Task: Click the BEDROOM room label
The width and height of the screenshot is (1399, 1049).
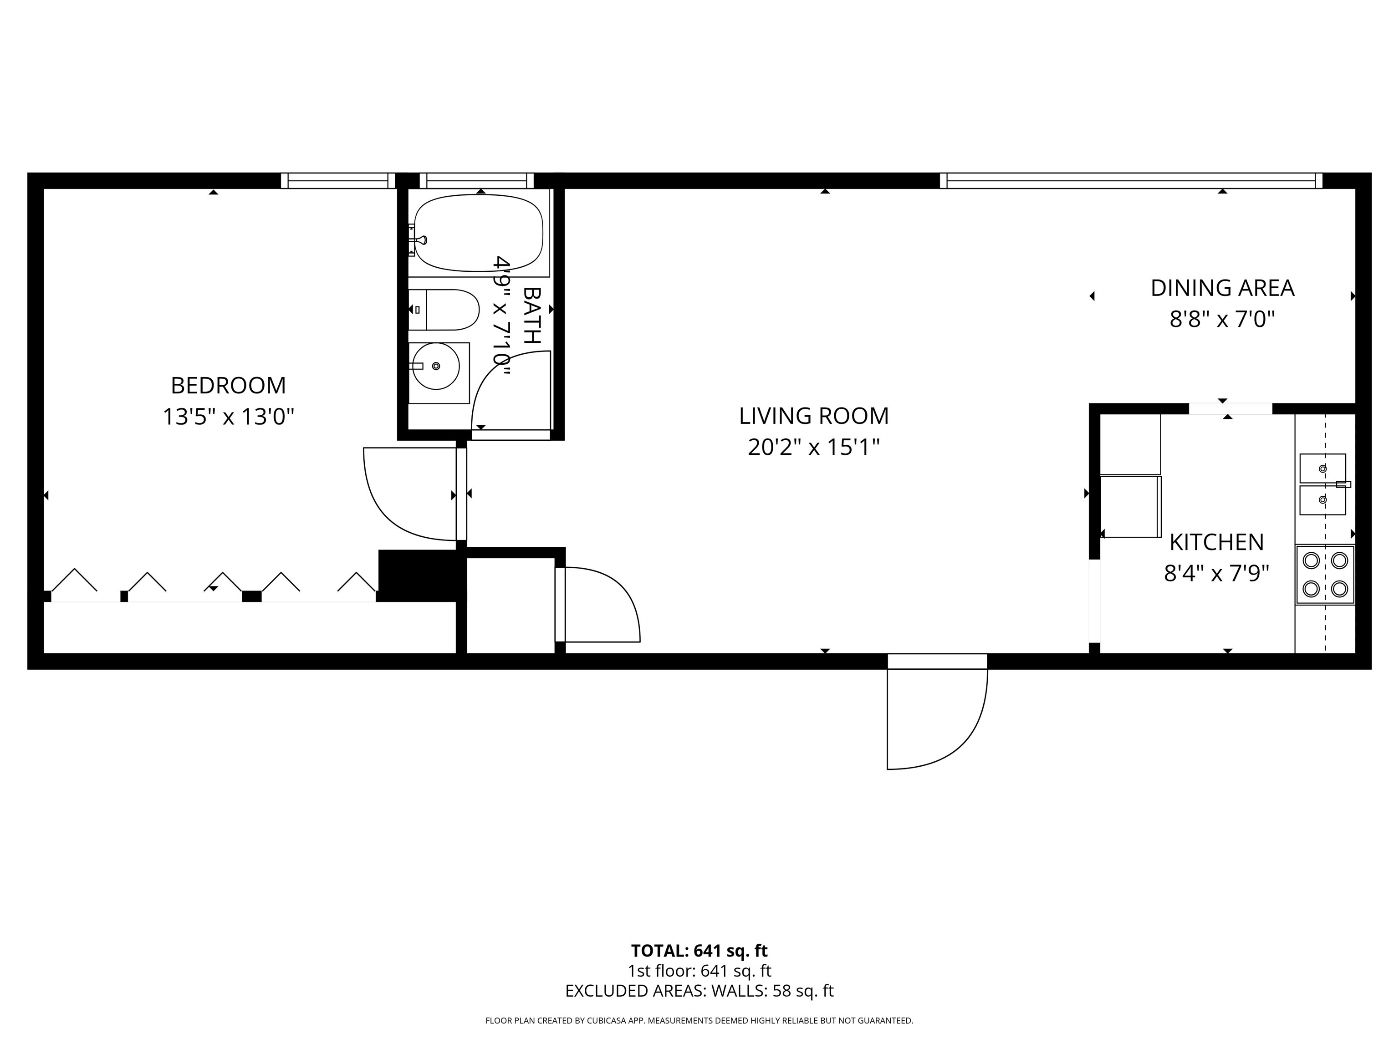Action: (x=228, y=385)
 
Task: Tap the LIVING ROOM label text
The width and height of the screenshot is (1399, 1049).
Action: (x=814, y=416)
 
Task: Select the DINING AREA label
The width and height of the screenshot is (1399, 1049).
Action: (x=1222, y=288)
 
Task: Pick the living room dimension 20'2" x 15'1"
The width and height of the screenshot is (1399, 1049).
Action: (x=814, y=447)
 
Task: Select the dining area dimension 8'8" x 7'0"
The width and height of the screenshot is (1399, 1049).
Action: (x=1222, y=319)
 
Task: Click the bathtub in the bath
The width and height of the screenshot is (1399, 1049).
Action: (x=479, y=233)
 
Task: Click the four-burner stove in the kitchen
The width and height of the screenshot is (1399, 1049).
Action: (x=1325, y=575)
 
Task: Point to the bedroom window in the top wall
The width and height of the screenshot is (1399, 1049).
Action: (x=338, y=181)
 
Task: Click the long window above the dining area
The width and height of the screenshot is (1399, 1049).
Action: (x=1131, y=181)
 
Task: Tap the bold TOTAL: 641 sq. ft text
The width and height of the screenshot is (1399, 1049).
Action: (x=699, y=951)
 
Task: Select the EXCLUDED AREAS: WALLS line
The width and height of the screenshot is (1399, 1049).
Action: (x=699, y=991)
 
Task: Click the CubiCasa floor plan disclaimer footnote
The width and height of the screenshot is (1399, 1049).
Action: (x=699, y=1021)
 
